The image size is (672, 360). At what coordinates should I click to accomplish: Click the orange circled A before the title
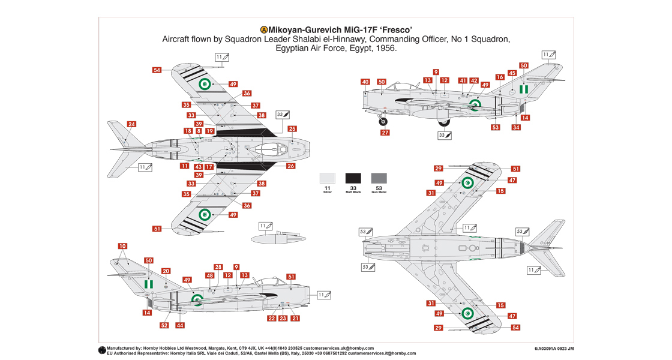263,29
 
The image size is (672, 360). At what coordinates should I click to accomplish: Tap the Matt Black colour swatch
353,178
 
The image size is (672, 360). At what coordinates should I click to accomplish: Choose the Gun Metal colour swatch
379,178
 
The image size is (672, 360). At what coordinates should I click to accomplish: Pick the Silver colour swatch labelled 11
327,178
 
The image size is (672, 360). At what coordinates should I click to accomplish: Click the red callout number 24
131,124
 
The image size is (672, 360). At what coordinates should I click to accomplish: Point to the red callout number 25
292,129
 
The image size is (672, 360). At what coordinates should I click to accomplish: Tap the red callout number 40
365,82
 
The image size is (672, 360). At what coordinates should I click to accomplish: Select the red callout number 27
385,133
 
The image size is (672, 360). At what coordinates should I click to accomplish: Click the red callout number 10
122,246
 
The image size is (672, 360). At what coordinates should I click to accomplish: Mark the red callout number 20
166,271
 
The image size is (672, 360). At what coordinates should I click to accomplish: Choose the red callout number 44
180,325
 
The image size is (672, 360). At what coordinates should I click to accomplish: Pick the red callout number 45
512,73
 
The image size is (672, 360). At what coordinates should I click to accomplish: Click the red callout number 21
295,318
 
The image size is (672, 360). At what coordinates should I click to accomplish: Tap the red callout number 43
198,166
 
